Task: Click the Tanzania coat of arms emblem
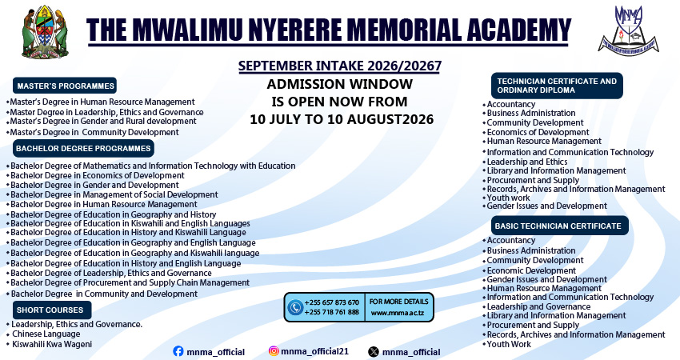pos(45,32)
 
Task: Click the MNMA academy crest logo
pos(628,30)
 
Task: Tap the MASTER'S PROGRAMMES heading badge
pos(65,86)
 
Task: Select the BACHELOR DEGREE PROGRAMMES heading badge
pos(83,148)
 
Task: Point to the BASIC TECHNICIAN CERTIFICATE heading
pos(558,226)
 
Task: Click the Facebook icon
pos(178,351)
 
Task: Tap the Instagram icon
pos(274,351)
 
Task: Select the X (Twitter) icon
pos(374,352)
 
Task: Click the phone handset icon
pos(295,307)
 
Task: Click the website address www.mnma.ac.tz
pos(398,313)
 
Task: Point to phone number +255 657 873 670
pos(332,302)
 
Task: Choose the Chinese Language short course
pos(46,334)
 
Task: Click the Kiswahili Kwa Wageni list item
pos(52,344)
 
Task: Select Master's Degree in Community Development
pos(94,132)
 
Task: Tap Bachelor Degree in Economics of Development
pos(98,176)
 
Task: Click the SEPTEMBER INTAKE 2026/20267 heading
pos(340,66)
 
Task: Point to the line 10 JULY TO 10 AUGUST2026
pos(342,119)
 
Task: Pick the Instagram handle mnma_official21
pos(315,351)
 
